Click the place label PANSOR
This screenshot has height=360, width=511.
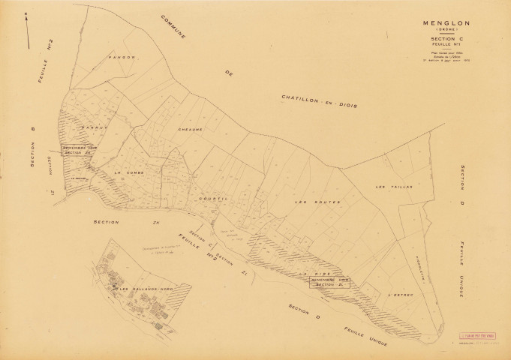tap(122, 57)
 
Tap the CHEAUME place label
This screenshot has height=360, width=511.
tap(191, 129)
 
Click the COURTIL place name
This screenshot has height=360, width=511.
tap(212, 199)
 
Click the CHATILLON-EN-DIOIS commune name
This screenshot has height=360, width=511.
tap(318, 100)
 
